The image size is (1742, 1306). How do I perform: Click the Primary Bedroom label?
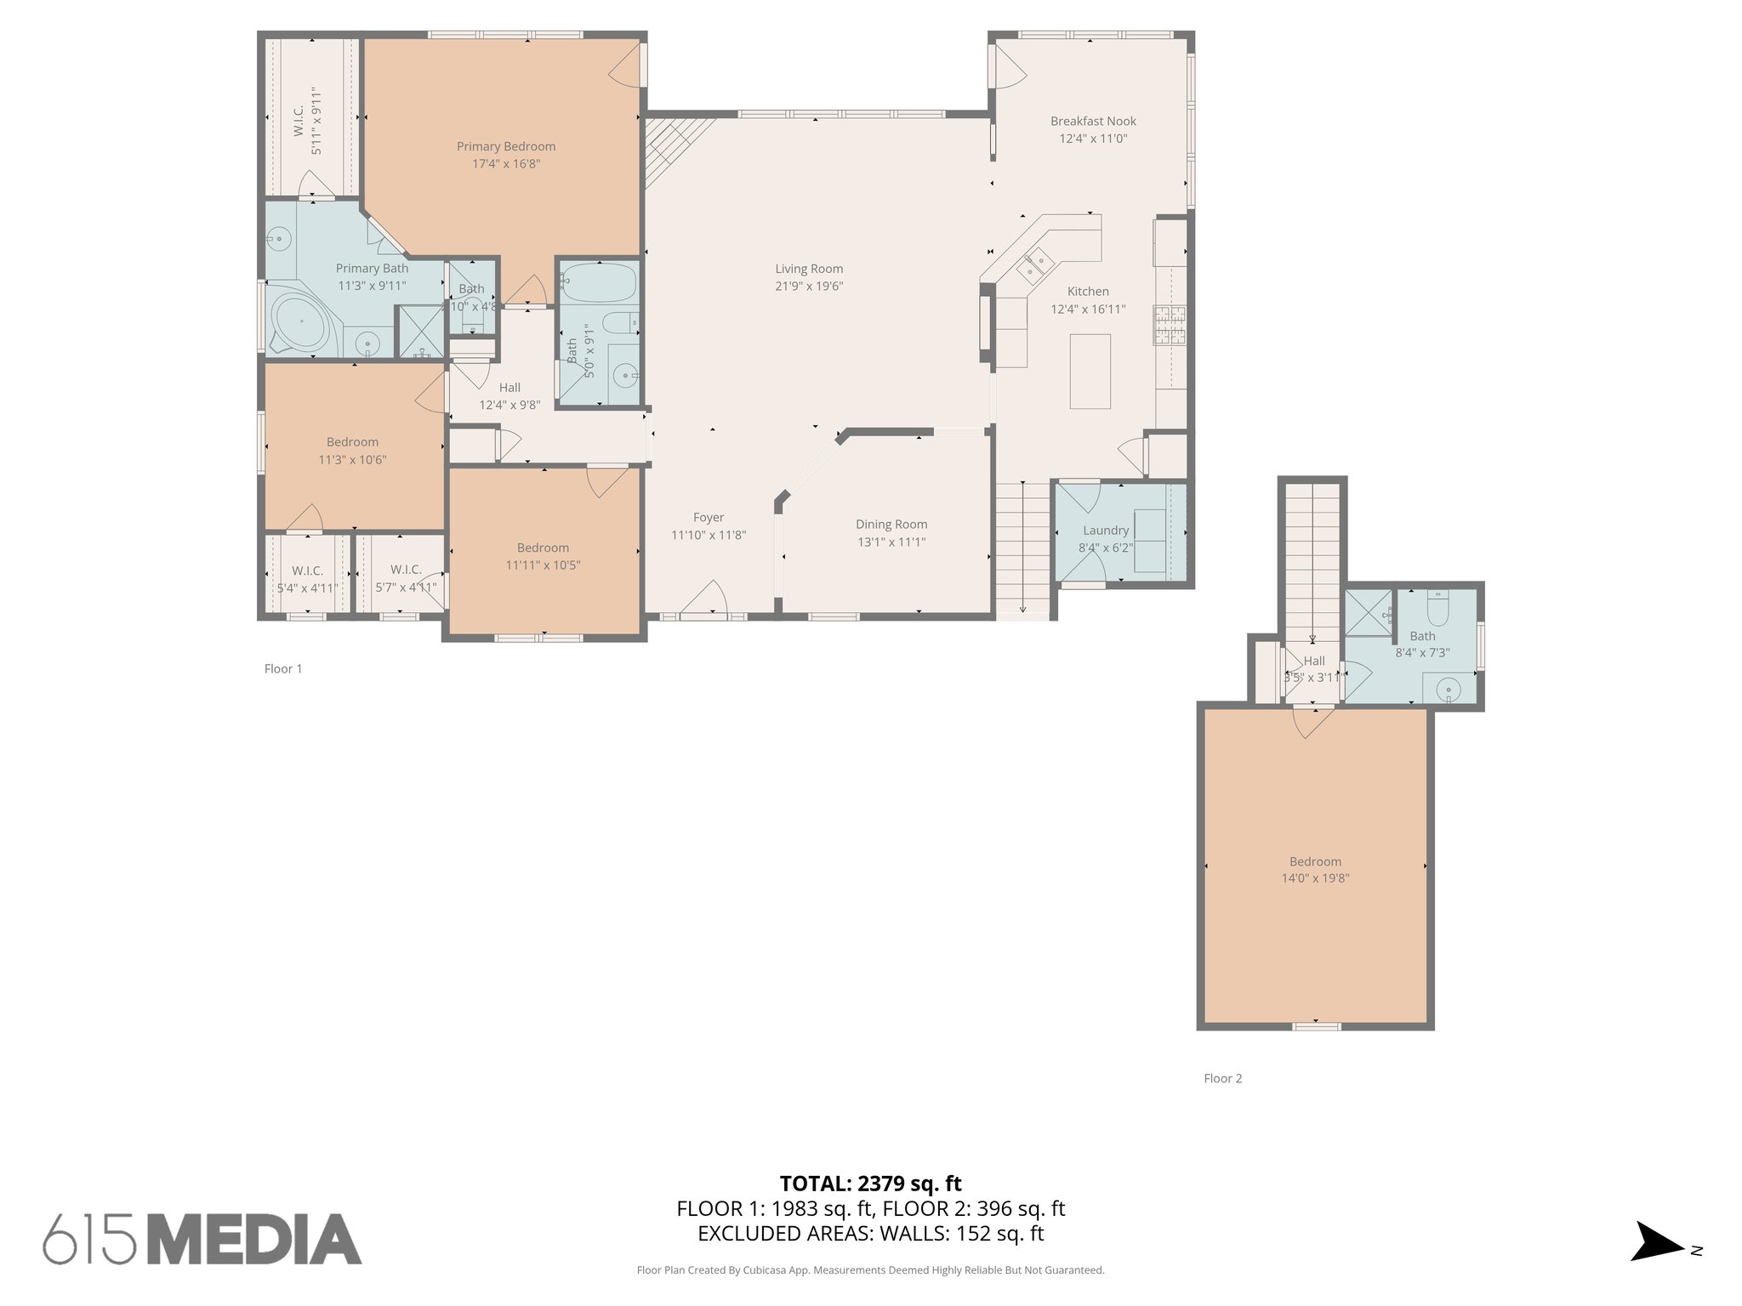pos(506,146)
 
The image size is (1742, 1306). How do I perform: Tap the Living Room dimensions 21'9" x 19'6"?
pos(809,287)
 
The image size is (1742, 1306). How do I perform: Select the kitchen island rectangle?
pos(1090,372)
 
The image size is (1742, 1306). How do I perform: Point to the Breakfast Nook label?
pos(1093,122)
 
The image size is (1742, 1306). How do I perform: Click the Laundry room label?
pos(1106,531)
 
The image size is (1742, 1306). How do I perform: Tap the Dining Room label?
pos(891,525)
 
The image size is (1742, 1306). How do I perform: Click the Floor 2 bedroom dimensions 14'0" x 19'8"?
pos(1315,878)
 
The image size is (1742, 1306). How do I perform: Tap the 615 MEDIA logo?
pos(202,1239)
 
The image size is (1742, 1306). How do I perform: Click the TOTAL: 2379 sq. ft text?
pos(870,1184)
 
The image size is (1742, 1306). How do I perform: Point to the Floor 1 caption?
pos(283,669)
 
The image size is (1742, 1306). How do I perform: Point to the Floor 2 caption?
pos(1222,1079)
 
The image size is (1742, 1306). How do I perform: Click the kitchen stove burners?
pos(1169,325)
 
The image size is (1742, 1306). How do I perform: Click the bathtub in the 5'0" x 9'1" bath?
pos(599,282)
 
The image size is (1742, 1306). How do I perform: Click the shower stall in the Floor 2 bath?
pos(1367,612)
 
